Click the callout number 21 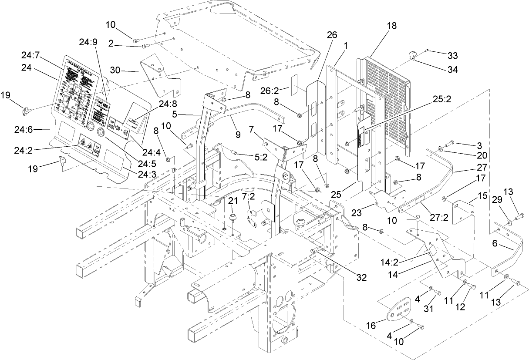[233, 201]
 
